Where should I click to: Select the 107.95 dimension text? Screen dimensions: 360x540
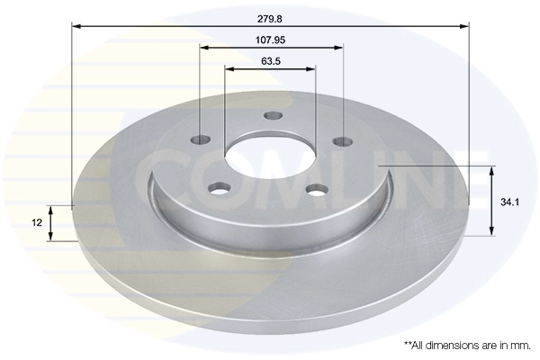[x=270, y=40]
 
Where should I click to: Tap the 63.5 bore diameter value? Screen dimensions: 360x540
[x=270, y=61]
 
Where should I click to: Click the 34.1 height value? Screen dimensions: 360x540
[x=508, y=203]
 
